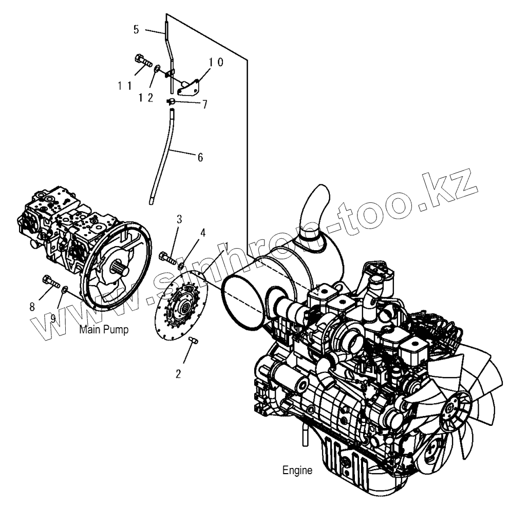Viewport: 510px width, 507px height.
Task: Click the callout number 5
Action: [x=136, y=29]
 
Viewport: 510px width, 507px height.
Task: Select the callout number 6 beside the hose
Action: [x=199, y=157]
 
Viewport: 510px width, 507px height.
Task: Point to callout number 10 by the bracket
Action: [x=215, y=63]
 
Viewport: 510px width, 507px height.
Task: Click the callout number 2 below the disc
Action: [x=178, y=373]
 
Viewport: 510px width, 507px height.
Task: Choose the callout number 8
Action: [x=32, y=307]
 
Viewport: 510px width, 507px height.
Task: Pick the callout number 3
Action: [x=179, y=219]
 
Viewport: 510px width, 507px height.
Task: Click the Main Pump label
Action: [x=104, y=329]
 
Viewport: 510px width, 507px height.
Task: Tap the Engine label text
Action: [x=297, y=470]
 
